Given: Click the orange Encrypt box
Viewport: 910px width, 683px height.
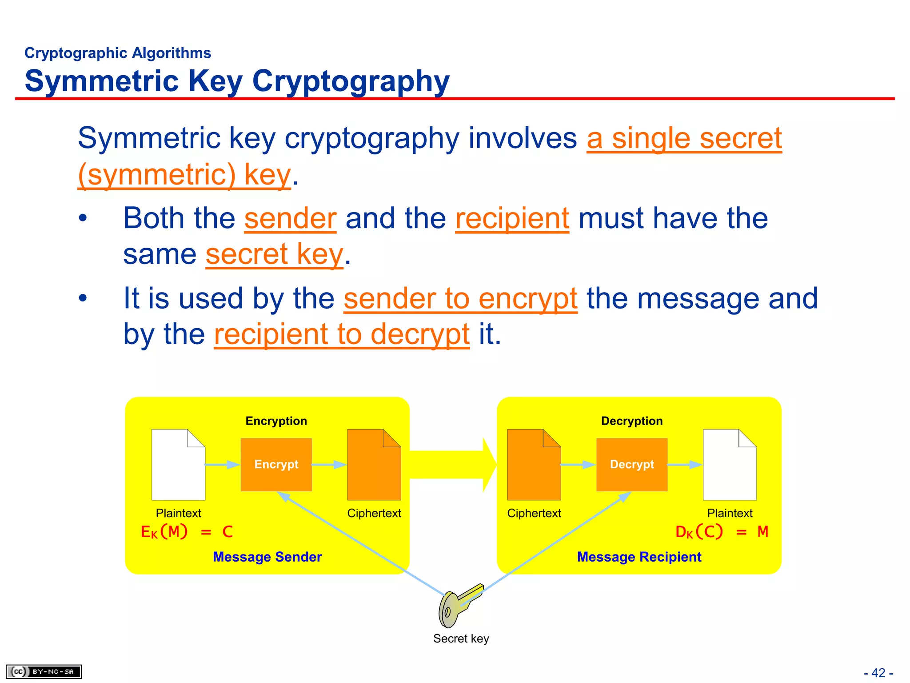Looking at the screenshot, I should point(276,464).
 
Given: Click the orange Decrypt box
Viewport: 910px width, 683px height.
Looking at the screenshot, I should point(631,464).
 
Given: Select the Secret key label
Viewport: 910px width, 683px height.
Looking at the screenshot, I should point(461,639).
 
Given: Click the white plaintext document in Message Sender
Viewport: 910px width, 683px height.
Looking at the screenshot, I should point(178,465).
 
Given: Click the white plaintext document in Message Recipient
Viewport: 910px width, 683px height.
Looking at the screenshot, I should point(729,465).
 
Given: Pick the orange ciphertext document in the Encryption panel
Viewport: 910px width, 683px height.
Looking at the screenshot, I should point(374,465).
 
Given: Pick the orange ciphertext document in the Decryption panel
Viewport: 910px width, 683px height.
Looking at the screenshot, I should point(534,465).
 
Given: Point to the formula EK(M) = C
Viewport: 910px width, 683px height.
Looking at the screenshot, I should point(187,532).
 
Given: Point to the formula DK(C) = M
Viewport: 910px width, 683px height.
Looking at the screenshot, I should point(721,532).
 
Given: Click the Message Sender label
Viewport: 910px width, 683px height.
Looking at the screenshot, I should point(267,557).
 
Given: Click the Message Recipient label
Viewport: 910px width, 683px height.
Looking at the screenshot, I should point(639,557).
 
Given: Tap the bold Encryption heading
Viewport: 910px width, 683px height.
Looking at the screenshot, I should point(276,421).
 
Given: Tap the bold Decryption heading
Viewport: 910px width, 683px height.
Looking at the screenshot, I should point(631,421).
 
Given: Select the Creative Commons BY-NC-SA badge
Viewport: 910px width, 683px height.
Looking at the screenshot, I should point(44,671).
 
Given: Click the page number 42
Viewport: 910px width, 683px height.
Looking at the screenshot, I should point(878,673).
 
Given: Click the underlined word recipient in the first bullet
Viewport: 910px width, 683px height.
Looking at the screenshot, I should point(512,218).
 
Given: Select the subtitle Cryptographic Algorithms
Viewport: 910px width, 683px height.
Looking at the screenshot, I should point(118,53).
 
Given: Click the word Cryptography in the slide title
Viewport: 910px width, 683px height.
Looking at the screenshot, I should point(351,81).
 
